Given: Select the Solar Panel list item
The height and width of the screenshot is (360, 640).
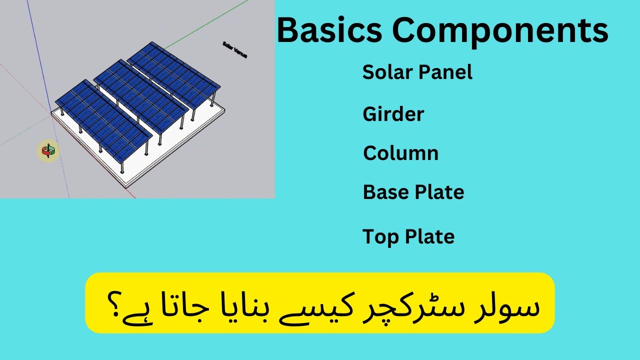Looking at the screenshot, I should tap(417, 72).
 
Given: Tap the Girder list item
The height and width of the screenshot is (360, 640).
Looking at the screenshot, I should tap(393, 114).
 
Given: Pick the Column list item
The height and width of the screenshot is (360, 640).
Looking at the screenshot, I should tap(400, 153).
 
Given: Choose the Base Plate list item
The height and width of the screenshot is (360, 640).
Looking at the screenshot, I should tap(413, 192).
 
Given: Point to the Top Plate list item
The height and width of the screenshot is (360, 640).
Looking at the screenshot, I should tap(408, 236).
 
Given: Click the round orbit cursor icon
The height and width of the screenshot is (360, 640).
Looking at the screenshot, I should tap(48, 150).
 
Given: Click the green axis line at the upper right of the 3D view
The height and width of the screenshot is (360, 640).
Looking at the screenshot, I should tap(210, 24).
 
